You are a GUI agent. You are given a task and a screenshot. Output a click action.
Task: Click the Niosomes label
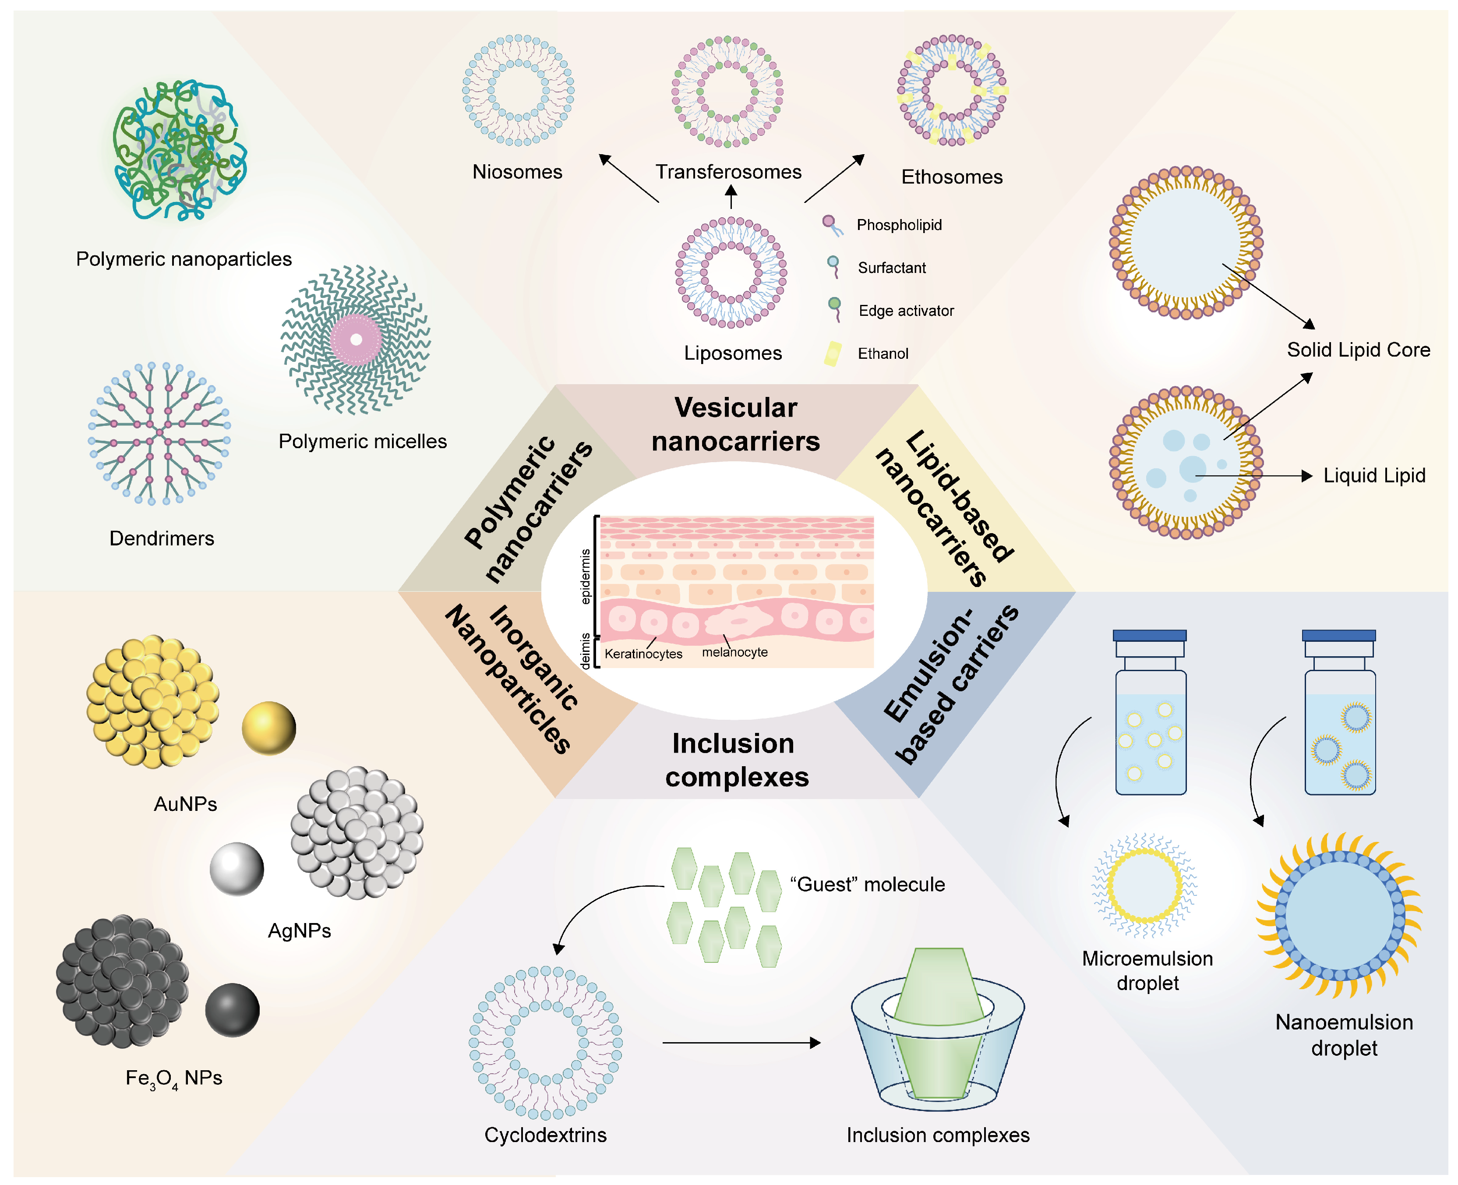(517, 172)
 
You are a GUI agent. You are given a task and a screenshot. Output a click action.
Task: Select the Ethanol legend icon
(833, 354)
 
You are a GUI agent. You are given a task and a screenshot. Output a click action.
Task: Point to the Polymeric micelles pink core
(356, 339)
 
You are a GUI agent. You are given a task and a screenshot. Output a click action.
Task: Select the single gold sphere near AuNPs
(269, 729)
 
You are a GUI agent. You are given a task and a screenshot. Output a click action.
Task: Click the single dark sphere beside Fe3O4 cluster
(233, 1010)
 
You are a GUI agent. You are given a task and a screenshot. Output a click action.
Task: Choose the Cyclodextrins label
(545, 1135)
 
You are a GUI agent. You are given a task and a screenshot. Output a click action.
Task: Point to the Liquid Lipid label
(1374, 476)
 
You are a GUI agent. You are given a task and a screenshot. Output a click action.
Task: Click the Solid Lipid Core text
(1358, 350)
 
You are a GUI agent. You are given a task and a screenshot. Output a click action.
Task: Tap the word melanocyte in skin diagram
(735, 653)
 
